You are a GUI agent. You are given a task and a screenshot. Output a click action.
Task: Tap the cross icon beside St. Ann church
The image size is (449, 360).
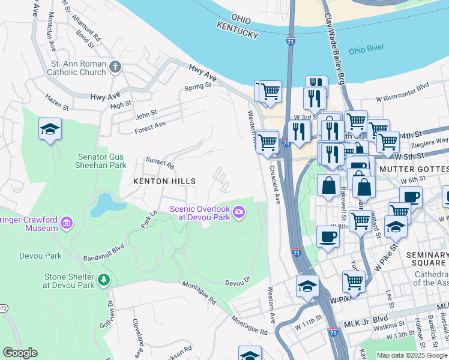coord(115,68)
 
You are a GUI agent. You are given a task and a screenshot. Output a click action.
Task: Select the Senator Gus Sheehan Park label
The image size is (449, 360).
coord(101,160)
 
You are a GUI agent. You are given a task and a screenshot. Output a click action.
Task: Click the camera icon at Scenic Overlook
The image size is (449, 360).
coord(239,212)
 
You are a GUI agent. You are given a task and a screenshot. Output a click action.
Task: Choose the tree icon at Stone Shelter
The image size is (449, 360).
coord(104,280)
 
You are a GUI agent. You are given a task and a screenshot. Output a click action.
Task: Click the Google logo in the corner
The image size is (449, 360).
coord(20,353)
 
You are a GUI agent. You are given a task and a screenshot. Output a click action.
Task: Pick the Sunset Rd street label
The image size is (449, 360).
coord(160,162)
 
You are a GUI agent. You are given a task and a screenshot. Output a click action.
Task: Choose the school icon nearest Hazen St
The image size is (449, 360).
coord(50,129)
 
